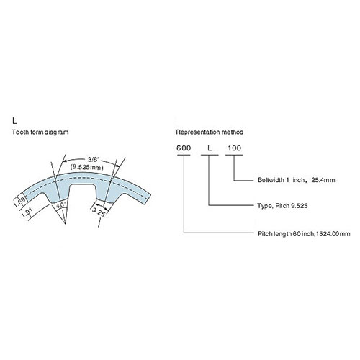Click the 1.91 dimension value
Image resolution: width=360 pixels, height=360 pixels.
click(26, 213)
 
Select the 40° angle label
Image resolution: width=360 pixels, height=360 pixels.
click(60, 205)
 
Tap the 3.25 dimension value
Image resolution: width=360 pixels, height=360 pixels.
click(99, 212)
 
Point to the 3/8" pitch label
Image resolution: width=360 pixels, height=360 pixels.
click(91, 159)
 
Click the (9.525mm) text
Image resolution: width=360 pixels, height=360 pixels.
click(86, 167)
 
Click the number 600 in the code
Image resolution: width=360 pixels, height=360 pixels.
click(184, 148)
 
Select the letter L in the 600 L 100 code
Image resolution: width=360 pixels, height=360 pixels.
click(210, 148)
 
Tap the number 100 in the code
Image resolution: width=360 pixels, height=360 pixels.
click(234, 148)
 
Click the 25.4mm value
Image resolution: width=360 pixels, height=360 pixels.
click(323, 180)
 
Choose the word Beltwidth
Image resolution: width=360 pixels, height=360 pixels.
click(271, 180)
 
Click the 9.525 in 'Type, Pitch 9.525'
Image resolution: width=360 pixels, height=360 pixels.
click(299, 206)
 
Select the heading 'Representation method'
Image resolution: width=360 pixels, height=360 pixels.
click(210, 132)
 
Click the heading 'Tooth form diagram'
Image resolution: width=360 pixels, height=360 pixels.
click(40, 132)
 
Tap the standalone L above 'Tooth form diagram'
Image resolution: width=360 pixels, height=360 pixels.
click(15, 121)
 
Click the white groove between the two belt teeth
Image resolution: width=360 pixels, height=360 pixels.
click(82, 192)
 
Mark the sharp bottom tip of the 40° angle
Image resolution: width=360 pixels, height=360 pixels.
click(66, 224)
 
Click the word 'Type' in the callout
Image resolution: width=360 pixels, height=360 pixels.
click(264, 206)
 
